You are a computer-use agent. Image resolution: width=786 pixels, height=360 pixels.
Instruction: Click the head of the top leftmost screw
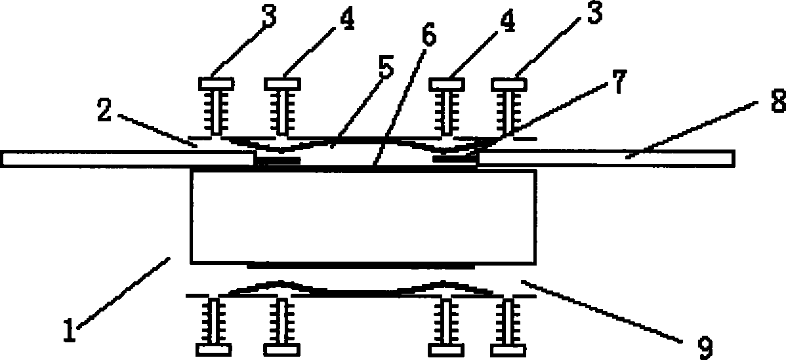pyautogui.click(x=216, y=83)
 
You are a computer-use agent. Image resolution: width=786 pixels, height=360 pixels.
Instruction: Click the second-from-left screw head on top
pyautogui.click(x=283, y=83)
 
